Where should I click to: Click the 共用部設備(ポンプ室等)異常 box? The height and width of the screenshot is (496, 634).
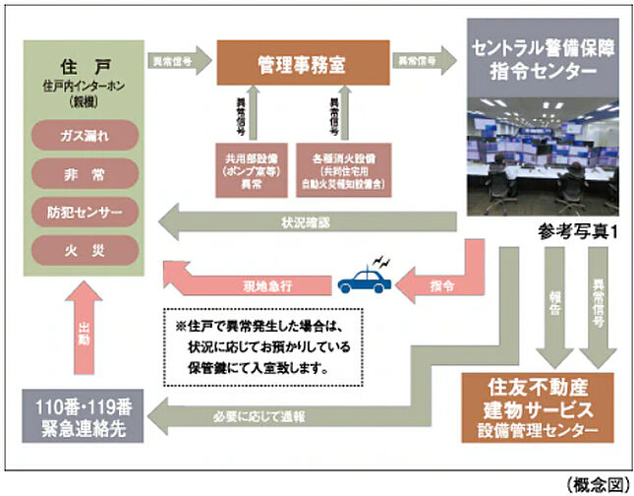(x=254, y=169)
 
